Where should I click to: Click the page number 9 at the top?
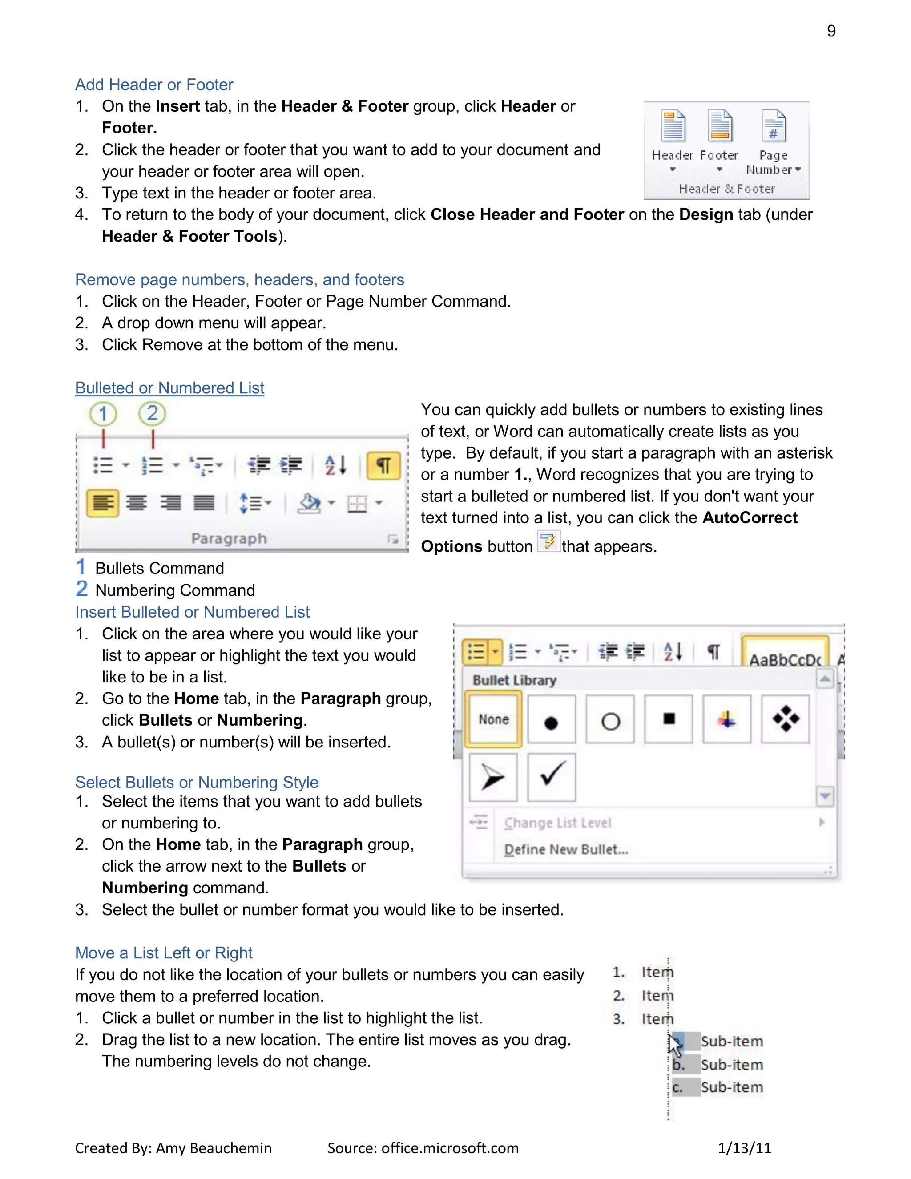point(831,31)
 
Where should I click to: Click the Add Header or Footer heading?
point(154,85)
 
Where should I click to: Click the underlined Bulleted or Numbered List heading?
point(169,388)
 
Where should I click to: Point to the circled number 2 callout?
point(152,413)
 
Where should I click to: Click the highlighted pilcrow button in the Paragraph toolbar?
point(383,465)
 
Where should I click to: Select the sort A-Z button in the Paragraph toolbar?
point(335,465)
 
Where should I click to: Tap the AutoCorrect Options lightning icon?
point(548,541)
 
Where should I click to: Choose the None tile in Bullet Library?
point(493,719)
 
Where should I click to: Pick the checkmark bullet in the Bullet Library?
point(552,777)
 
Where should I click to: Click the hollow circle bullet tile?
point(610,719)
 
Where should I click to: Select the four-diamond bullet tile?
point(785,719)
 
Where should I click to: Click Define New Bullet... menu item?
point(566,850)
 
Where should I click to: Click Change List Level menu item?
point(557,823)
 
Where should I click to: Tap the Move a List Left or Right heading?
point(164,953)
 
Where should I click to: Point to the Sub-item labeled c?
point(731,1087)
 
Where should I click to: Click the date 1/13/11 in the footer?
point(744,1148)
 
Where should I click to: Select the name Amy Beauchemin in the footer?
point(214,1148)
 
